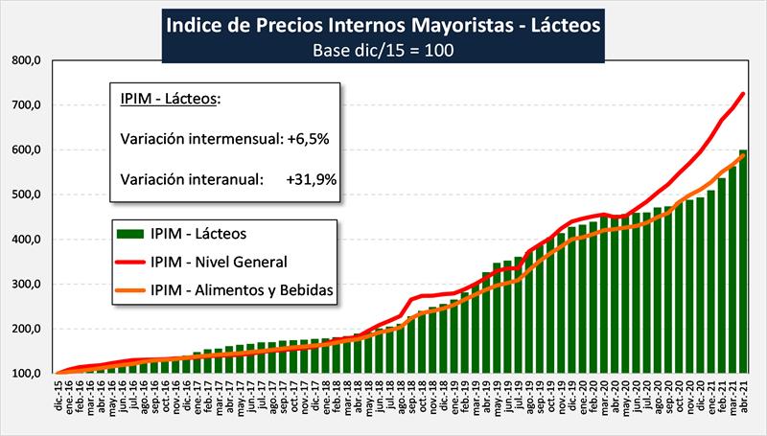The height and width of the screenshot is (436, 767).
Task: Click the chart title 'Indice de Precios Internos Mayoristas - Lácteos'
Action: (x=383, y=23)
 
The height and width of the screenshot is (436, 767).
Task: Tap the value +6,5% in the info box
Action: (x=308, y=138)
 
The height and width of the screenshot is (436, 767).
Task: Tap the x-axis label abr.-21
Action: (x=743, y=393)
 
